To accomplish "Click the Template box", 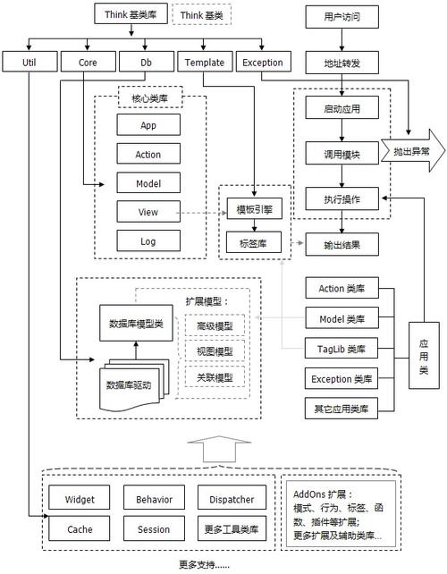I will point(204,63).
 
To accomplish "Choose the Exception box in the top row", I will point(263,63).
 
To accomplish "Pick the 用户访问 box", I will point(341,17).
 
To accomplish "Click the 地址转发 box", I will point(341,63).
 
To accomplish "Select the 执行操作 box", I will point(341,198).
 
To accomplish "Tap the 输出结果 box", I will point(341,243).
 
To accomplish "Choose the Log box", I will point(148,241).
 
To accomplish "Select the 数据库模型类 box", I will point(134,323).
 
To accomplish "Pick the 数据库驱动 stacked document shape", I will point(134,385).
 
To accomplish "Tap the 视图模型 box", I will point(215,352).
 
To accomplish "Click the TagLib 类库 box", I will point(342,348).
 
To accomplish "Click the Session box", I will point(153,529).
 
